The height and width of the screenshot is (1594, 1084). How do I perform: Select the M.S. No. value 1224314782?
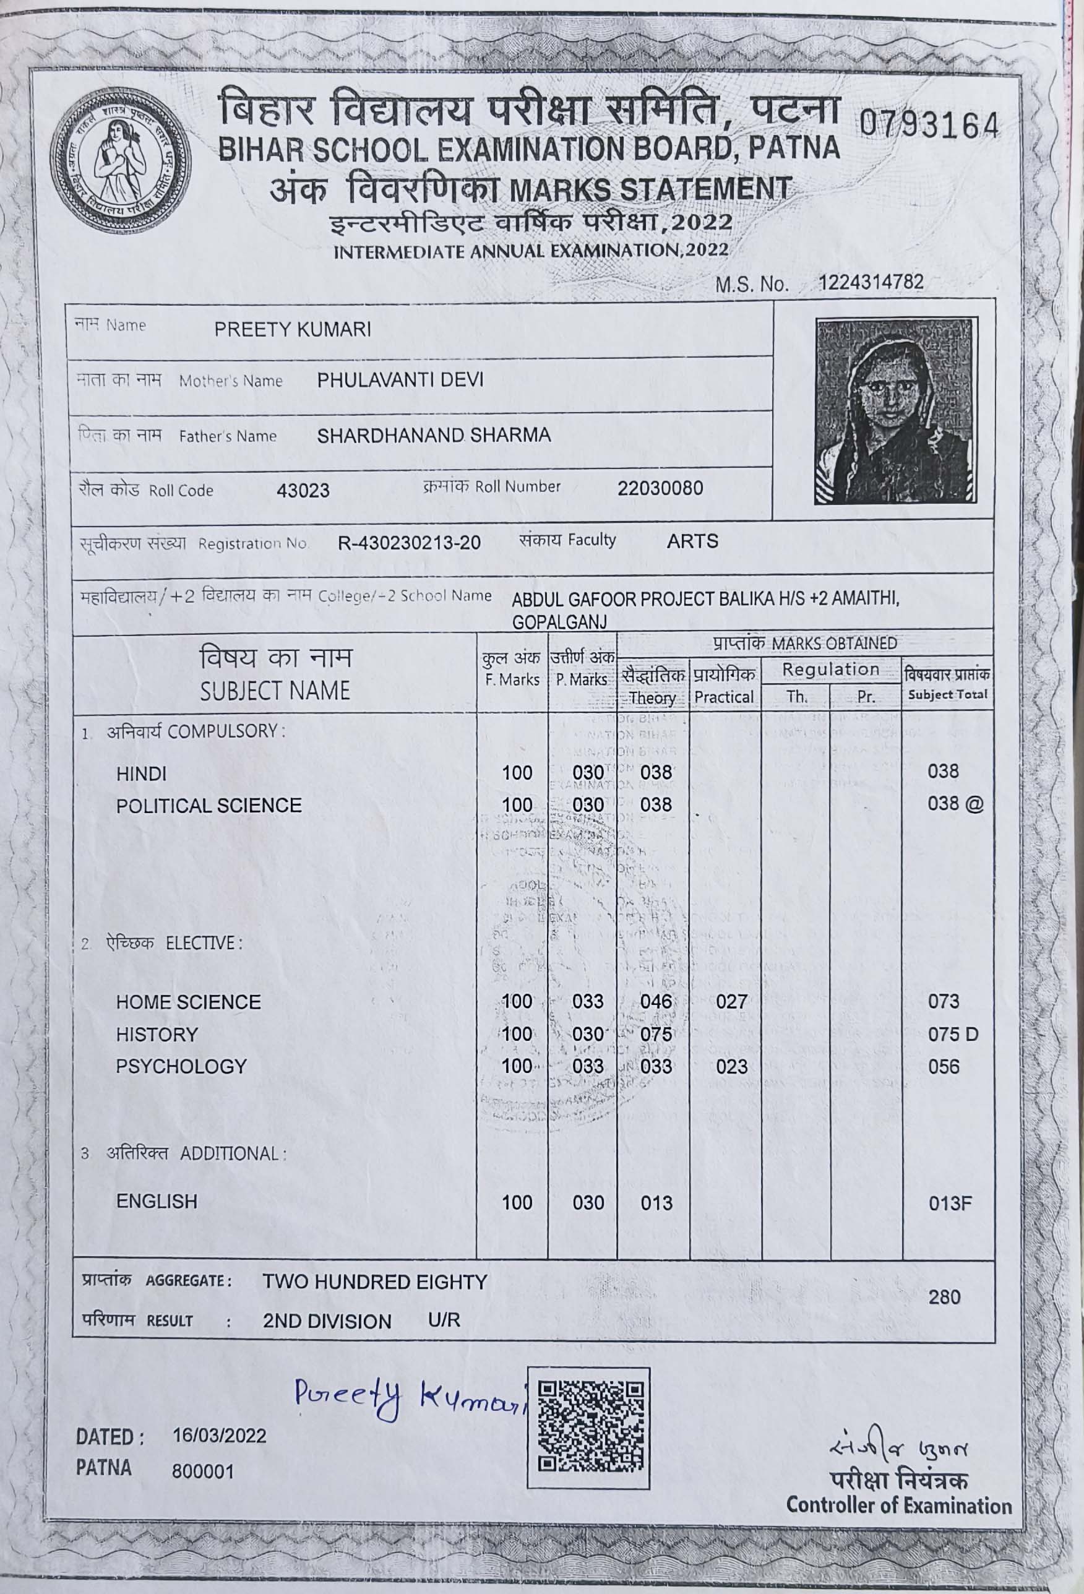coord(871,282)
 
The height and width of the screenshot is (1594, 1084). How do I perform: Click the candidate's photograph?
coord(895,410)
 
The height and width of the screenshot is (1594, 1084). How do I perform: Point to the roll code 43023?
coord(303,491)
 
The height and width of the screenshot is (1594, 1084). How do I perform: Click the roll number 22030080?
coord(660,488)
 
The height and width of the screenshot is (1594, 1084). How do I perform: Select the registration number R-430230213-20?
coord(410,543)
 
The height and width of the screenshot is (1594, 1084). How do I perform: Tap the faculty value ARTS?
coord(692,541)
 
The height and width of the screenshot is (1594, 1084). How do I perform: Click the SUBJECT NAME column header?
coord(275,690)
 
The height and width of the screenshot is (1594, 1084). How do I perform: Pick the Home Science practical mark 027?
coord(731,1001)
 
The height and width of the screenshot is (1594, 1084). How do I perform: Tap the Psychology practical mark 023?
coord(731,1067)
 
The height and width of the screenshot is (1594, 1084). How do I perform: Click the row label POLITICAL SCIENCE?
coord(209,805)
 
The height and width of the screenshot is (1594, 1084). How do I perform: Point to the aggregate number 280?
coord(944,1297)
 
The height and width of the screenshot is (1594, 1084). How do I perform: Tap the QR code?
coord(588,1427)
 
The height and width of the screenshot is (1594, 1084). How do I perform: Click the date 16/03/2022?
coord(220,1436)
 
